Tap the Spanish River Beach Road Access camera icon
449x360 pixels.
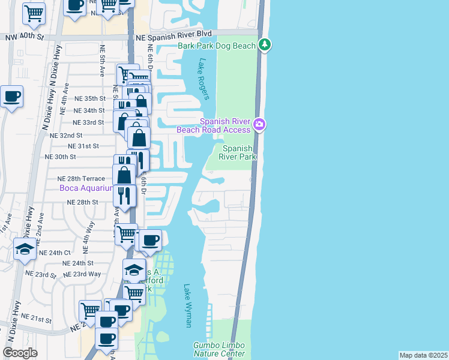tap(259, 125)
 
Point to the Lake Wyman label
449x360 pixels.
tap(188, 305)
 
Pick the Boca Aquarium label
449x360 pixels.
tap(86, 188)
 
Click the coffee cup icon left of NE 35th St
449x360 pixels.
tap(11, 96)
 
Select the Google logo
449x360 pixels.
tap(20, 353)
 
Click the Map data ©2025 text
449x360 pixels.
tap(423, 355)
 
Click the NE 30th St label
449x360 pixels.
tap(61, 157)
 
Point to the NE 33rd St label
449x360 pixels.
tap(89, 122)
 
